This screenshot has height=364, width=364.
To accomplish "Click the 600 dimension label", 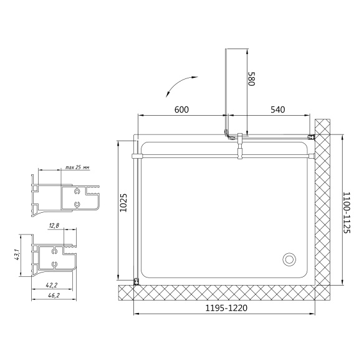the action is (181, 110).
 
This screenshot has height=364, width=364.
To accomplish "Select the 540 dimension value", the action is (278, 110).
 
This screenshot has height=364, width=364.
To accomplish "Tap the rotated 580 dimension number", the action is (252, 78).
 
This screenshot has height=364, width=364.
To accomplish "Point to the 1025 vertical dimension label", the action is (123, 203).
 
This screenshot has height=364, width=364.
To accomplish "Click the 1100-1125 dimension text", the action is (347, 212).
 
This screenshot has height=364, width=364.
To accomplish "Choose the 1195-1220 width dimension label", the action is (226, 308).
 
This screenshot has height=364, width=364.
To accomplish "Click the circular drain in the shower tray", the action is (289, 259).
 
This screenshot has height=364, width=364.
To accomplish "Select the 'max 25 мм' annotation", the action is (77, 167).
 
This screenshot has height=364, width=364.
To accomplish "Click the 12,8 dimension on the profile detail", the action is (54, 225).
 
